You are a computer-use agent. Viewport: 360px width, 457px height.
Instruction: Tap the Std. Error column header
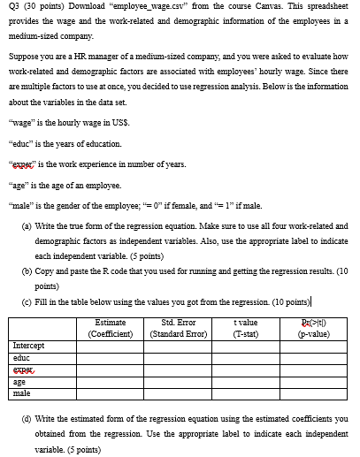coord(180,328)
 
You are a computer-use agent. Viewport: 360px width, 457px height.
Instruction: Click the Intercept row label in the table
coord(29,345)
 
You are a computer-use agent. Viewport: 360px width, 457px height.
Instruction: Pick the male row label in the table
coord(21,393)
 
